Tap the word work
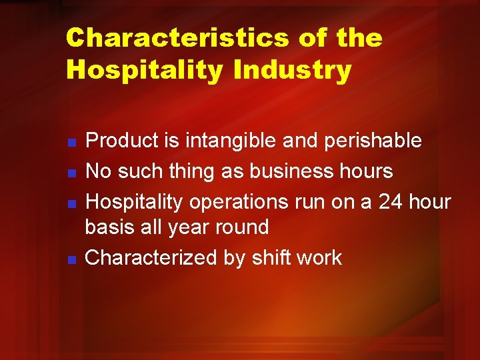(319, 257)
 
